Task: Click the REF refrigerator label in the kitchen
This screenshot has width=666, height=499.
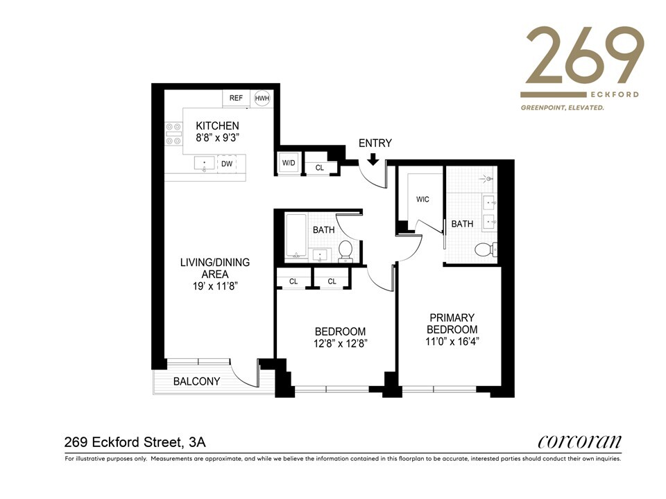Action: click(x=236, y=98)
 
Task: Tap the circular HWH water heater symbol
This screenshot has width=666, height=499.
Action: click(x=262, y=98)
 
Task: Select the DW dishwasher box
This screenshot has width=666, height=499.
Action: click(x=226, y=164)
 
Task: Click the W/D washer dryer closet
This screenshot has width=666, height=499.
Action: click(x=288, y=164)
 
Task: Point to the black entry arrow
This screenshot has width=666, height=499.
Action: click(x=373, y=159)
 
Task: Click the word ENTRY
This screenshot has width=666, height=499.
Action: click(x=375, y=143)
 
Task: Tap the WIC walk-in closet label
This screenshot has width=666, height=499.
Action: click(x=422, y=200)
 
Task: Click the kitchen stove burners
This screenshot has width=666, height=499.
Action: click(x=172, y=134)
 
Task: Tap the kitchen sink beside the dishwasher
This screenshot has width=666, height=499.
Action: click(x=204, y=164)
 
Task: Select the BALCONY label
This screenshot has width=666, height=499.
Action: click(x=196, y=381)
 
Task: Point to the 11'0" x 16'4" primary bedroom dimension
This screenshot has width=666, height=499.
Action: click(x=452, y=341)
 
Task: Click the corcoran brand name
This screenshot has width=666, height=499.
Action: click(x=579, y=441)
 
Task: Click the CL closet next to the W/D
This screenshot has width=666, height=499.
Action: click(x=320, y=167)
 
